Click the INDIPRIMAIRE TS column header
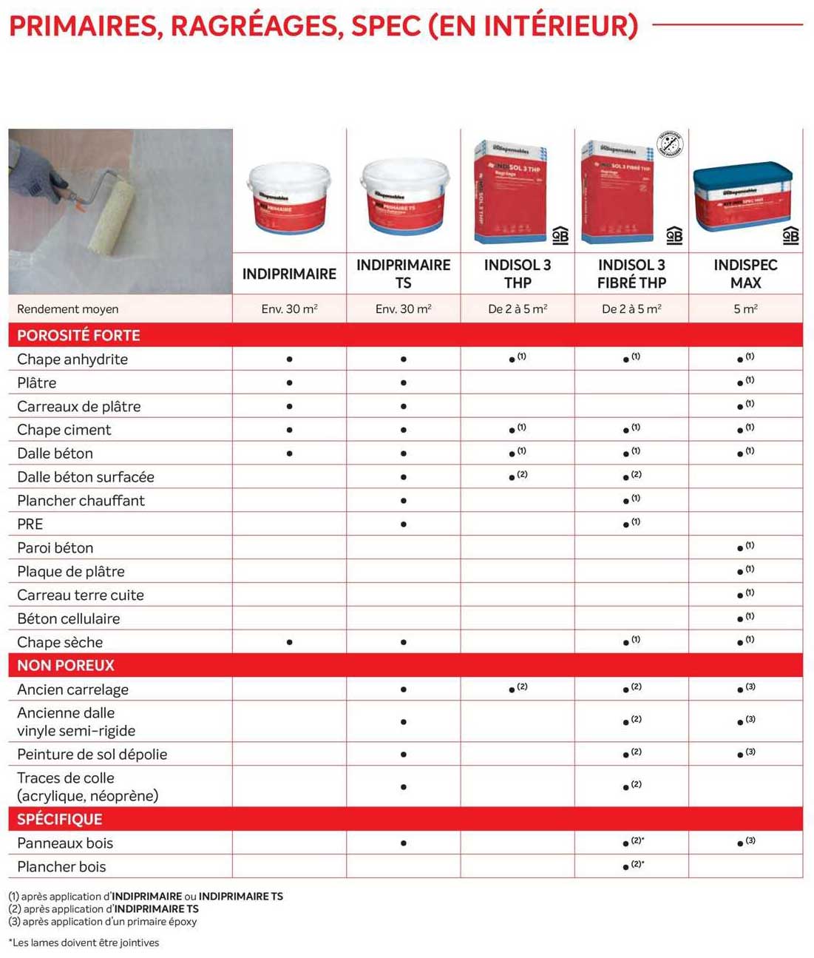coord(403,274)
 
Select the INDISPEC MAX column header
coord(745,274)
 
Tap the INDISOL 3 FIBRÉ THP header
coord(631,274)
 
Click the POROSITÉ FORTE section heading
coord(78,335)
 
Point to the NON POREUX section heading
coord(66,665)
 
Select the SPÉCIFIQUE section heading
coord(60,819)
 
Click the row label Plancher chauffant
coord(81,501)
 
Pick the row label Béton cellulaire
coord(68,618)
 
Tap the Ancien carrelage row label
coord(72,689)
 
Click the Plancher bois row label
coord(61,866)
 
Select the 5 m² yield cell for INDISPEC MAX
coord(745,309)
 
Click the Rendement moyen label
coord(67,309)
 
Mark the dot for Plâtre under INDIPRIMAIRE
coord(289,383)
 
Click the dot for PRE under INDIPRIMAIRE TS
coord(403,524)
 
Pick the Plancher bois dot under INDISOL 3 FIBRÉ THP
coord(626,867)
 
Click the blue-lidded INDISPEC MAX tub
coord(742,196)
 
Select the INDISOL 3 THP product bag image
coord(511,192)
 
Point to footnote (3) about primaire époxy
coord(103,922)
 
